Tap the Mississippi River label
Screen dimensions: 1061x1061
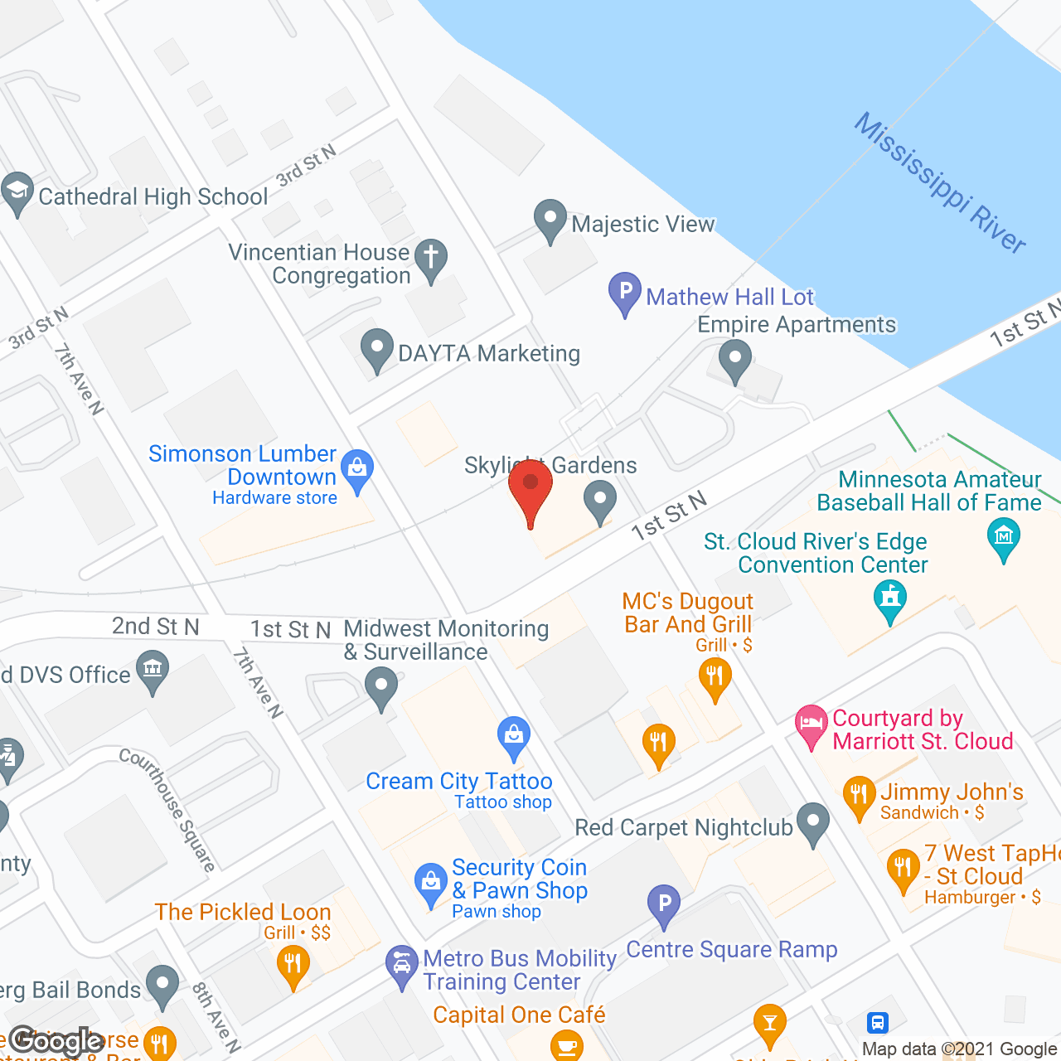coord(940,182)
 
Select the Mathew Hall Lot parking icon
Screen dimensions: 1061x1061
coord(625,293)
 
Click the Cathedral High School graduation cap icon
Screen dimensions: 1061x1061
coord(17,192)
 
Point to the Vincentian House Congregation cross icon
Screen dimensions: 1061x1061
coord(431,259)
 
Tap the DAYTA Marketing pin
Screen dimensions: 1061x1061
coord(377,350)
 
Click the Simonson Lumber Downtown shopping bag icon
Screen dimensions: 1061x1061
coord(357,470)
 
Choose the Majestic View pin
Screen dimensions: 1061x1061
coord(550,220)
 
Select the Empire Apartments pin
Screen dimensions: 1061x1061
coord(734,361)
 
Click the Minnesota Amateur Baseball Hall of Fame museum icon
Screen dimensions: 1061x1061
coord(1004,537)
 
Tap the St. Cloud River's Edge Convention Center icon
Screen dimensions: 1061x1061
coord(890,598)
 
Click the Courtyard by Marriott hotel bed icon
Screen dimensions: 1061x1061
coord(811,724)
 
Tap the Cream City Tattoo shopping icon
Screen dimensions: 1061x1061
coord(514,736)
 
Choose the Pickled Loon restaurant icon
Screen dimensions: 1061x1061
coord(293,965)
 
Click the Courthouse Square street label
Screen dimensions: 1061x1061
coord(167,809)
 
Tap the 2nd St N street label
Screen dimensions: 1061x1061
coord(156,627)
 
